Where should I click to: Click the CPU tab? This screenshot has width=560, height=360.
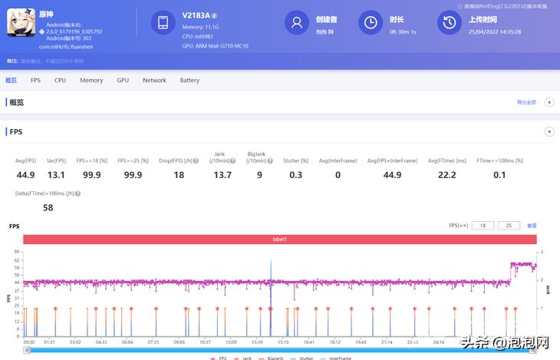(60, 80)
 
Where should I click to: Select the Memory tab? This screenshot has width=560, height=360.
(91, 80)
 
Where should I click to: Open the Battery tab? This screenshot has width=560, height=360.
(189, 80)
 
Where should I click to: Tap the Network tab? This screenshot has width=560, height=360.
(154, 80)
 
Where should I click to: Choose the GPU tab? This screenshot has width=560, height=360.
(123, 80)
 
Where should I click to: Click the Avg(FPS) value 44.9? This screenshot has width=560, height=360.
(25, 175)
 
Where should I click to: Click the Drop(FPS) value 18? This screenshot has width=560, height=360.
(179, 175)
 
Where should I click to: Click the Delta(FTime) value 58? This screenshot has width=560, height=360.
(48, 208)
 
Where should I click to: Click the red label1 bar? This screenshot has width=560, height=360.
(279, 239)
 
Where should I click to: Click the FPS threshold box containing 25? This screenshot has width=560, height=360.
(509, 226)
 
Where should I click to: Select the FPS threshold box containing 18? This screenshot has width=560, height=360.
(483, 226)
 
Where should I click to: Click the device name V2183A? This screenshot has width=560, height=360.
(197, 15)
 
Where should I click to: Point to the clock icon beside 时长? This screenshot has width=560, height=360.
(371, 23)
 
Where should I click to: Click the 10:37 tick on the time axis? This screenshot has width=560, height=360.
(205, 342)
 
